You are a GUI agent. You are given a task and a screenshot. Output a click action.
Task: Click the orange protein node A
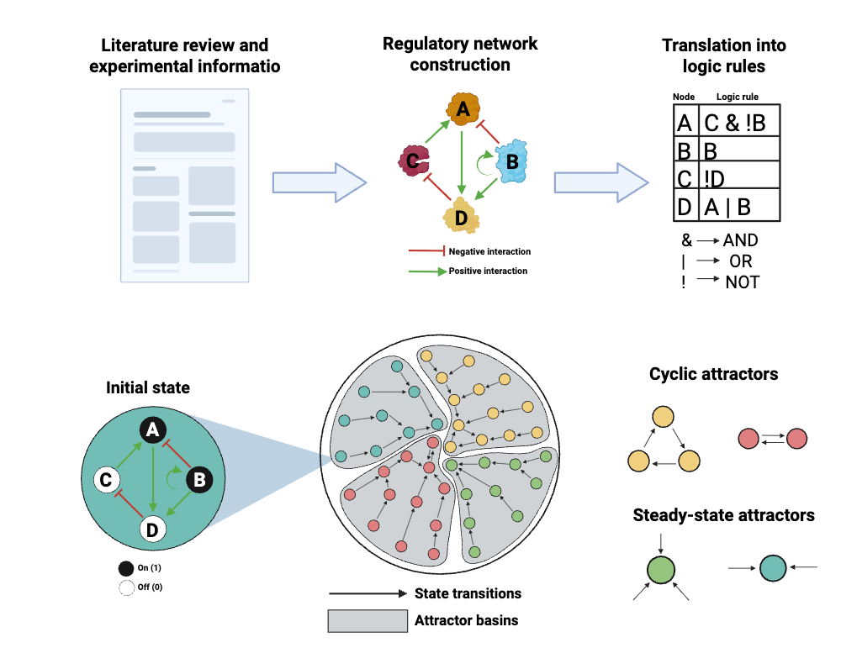point(461,109)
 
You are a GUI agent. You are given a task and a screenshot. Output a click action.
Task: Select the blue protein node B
point(510,162)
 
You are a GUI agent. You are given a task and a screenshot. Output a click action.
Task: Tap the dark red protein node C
point(412,159)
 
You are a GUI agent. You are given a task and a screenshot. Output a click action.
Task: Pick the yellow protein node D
point(461,215)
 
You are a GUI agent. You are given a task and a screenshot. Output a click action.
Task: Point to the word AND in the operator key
point(740,240)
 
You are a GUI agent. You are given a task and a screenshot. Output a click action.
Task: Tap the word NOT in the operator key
point(742,282)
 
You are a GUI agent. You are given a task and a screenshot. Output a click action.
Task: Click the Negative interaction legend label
point(489,251)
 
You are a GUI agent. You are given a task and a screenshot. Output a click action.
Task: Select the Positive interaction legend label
point(488,271)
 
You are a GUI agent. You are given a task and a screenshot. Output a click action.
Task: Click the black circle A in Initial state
point(152,430)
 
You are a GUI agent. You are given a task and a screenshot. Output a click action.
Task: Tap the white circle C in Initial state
point(106,480)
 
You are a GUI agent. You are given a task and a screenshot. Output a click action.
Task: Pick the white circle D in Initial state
point(152,529)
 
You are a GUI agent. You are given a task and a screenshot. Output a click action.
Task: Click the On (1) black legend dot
point(126,568)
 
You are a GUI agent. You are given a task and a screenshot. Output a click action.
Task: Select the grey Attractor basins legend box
point(368,620)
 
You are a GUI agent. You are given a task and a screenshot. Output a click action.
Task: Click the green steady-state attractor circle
point(661,569)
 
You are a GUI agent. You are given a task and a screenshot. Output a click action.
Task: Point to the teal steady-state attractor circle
point(772,568)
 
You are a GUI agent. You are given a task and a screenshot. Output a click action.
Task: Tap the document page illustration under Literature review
point(185,185)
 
